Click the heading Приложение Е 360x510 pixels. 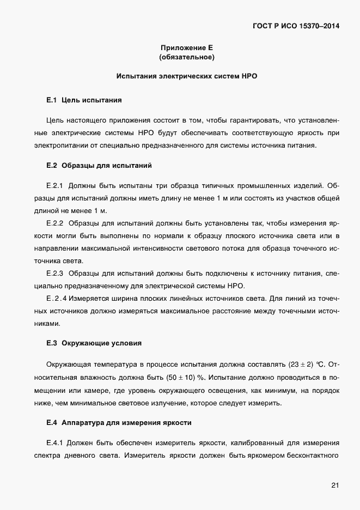point(186,47)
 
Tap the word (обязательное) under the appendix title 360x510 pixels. point(186,57)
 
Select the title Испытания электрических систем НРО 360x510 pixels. point(186,76)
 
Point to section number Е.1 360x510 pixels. point(52,100)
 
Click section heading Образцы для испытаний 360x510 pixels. point(107,165)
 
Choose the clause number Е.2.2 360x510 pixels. point(55,223)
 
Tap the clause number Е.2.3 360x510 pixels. point(55,272)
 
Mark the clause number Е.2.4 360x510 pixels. point(57,298)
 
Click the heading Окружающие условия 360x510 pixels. point(102,343)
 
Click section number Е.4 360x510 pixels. point(52,423)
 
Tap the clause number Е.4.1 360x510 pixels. point(55,442)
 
